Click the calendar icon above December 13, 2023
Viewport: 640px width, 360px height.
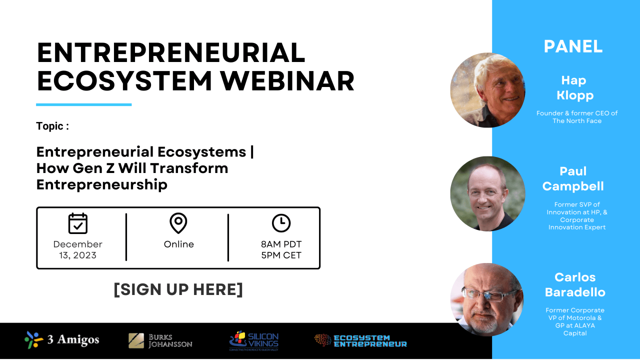coord(77,223)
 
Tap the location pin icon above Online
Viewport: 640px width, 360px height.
coord(178,223)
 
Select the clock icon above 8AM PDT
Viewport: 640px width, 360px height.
coord(281,223)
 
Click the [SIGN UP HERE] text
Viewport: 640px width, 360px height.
coord(178,289)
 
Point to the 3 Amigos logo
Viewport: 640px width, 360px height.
coord(62,339)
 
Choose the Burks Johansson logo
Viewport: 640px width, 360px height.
coord(160,340)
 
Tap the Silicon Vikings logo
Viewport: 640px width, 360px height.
coord(253,340)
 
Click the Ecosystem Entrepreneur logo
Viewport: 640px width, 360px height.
coord(360,340)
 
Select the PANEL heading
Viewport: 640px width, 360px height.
coord(573,46)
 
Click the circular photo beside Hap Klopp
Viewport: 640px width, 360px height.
coord(487,90)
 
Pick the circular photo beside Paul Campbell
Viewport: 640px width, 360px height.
coord(487,193)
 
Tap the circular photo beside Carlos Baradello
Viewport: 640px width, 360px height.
coord(487,299)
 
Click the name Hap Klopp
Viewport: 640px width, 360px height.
coord(574,87)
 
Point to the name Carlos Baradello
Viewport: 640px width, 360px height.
coord(575,284)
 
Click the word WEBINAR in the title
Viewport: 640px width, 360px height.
coord(287,81)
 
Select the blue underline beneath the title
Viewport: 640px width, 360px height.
coord(83,104)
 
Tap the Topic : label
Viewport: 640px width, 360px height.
coord(52,126)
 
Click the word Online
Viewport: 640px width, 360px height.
coord(179,244)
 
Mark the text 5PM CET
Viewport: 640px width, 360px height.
coord(281,255)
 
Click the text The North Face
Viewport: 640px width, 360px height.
coord(577,121)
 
